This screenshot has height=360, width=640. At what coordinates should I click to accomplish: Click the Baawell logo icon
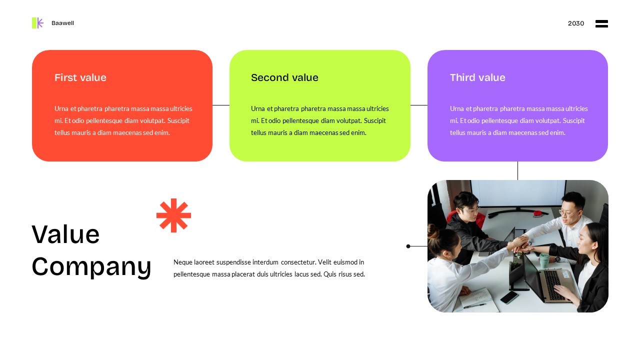pyautogui.click(x=37, y=23)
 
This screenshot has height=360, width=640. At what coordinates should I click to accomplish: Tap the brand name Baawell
pyautogui.click(x=62, y=23)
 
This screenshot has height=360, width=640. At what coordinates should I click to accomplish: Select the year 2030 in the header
pyautogui.click(x=575, y=23)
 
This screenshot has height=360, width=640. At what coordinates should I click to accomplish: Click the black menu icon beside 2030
pyautogui.click(x=601, y=23)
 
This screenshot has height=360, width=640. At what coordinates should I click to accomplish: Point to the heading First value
pyautogui.click(x=80, y=77)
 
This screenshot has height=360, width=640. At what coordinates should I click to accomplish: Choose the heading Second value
pyautogui.click(x=284, y=77)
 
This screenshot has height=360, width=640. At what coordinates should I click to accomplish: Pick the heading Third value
pyautogui.click(x=477, y=77)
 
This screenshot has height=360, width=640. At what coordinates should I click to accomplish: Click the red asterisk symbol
pyautogui.click(x=173, y=215)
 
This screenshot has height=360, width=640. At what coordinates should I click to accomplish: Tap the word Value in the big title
pyautogui.click(x=65, y=234)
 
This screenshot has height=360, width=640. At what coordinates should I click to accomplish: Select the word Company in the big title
pyautogui.click(x=91, y=266)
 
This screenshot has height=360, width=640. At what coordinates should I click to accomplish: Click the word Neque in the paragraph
pyautogui.click(x=183, y=262)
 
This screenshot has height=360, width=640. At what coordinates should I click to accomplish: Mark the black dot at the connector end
pyautogui.click(x=408, y=246)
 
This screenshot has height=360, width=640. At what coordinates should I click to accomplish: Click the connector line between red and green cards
pyautogui.click(x=221, y=105)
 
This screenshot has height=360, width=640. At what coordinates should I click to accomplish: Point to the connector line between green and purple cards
pyautogui.click(x=419, y=105)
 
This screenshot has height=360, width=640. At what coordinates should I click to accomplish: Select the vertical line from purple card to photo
pyautogui.click(x=517, y=170)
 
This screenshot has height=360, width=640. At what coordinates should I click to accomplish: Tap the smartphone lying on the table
pyautogui.click(x=509, y=297)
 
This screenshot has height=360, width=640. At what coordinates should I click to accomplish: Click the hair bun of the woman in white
pyautogui.click(x=433, y=233)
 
